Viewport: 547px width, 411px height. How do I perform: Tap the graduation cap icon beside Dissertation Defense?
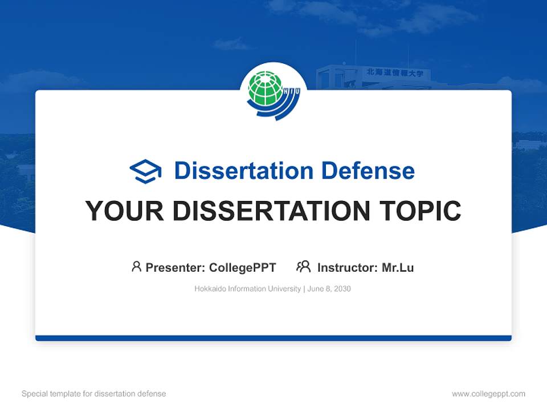pyautogui.click(x=145, y=171)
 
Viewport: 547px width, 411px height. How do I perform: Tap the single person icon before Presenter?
pyautogui.click(x=136, y=267)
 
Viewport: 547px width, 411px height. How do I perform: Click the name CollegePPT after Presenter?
pyautogui.click(x=243, y=267)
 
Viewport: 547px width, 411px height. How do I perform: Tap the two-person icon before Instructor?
pyautogui.click(x=303, y=267)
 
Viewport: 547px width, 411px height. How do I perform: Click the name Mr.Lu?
pyautogui.click(x=398, y=267)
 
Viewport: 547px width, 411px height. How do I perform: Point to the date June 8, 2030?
pyautogui.click(x=329, y=289)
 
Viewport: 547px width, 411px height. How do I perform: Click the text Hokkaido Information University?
pyautogui.click(x=247, y=289)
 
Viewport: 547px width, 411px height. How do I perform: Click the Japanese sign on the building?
pyautogui.click(x=397, y=72)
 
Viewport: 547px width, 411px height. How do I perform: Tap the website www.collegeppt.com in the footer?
pyautogui.click(x=488, y=394)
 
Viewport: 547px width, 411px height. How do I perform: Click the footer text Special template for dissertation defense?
pyautogui.click(x=94, y=394)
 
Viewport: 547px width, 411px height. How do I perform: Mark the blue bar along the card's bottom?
pyautogui.click(x=273, y=338)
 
